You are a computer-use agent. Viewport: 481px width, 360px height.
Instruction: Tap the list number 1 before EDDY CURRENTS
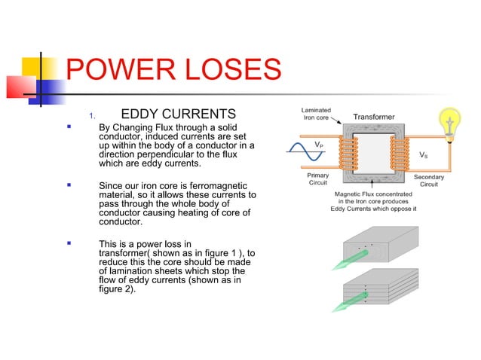click(91, 116)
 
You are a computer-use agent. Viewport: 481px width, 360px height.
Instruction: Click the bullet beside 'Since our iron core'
click(69, 184)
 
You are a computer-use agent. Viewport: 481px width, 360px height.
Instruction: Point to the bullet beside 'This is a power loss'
click(69, 243)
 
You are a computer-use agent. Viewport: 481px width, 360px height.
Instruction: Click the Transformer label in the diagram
click(378, 117)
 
